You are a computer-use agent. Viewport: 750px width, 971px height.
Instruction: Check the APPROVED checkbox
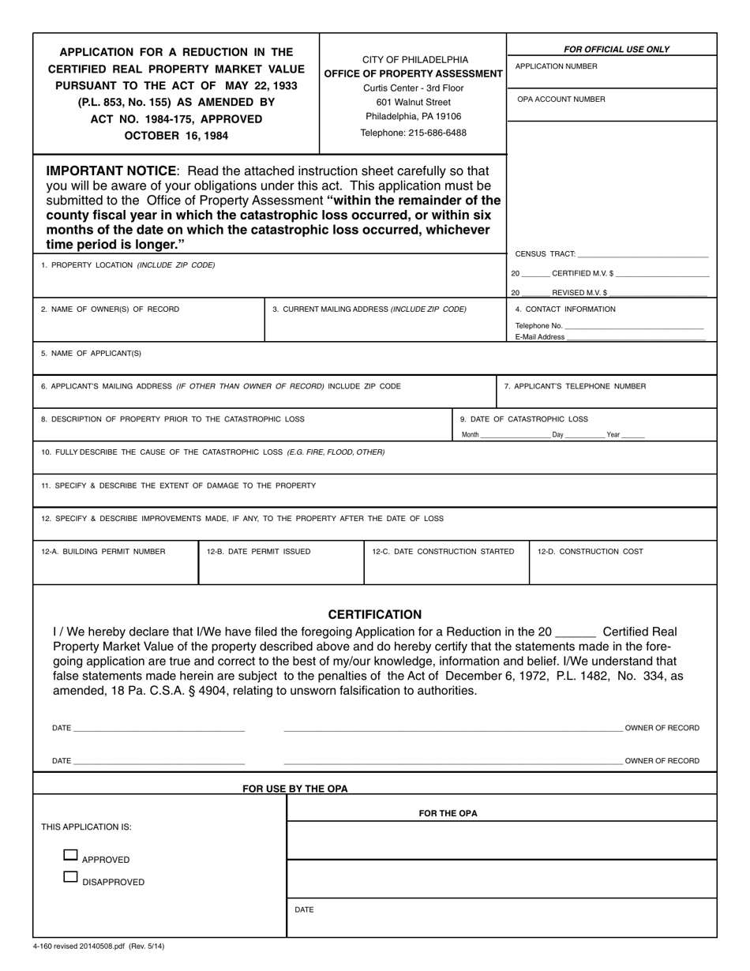point(70,855)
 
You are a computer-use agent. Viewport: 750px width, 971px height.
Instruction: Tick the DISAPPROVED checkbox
point(70,877)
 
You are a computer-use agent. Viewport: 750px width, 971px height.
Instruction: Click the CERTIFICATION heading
point(374,614)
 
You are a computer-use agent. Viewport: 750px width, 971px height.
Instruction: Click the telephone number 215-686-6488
point(413,133)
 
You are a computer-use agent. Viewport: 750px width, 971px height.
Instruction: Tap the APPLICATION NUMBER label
point(556,66)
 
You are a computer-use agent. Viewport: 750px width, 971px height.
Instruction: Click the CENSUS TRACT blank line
point(643,254)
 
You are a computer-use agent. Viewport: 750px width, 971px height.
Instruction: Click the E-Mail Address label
point(539,337)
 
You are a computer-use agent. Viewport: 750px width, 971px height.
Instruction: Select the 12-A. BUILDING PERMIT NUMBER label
point(103,552)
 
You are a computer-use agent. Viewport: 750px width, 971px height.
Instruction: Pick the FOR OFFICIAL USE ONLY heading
point(616,49)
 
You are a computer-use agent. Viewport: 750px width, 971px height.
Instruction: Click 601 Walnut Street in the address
point(413,103)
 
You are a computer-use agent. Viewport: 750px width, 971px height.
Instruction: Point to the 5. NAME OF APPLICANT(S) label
point(91,354)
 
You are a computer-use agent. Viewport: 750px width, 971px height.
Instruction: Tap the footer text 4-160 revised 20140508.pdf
point(99,946)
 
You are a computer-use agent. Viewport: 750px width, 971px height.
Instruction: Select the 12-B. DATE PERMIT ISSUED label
point(258,552)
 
